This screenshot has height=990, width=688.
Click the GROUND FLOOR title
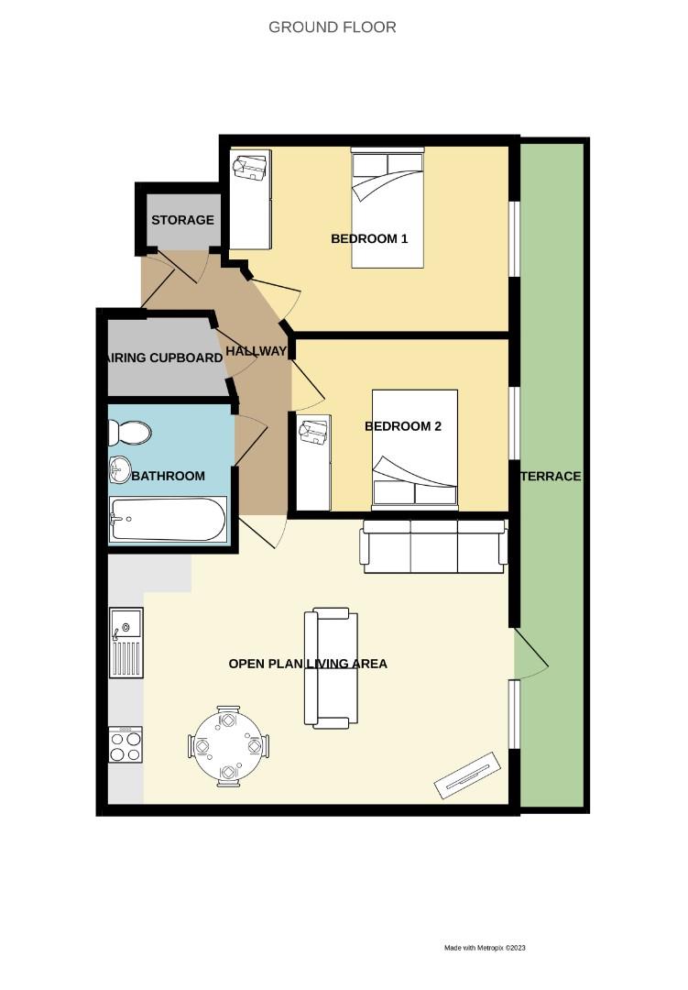332,27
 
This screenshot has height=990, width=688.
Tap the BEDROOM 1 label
368,239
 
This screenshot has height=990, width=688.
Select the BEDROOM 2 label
403,426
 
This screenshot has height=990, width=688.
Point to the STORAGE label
182,220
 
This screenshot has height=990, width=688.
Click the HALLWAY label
257,351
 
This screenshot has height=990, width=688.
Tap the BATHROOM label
168,476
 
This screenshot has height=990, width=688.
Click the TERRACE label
551,477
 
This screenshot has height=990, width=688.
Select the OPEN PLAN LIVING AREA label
308,664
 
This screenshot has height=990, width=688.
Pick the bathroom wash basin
120,469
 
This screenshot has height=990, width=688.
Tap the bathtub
167,520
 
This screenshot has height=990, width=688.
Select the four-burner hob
126,744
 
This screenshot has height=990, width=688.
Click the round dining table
228,746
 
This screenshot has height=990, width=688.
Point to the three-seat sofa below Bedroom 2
434,546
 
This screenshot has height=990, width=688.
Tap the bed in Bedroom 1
388,208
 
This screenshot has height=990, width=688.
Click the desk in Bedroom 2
313,463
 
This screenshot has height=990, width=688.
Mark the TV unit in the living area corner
467,775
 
